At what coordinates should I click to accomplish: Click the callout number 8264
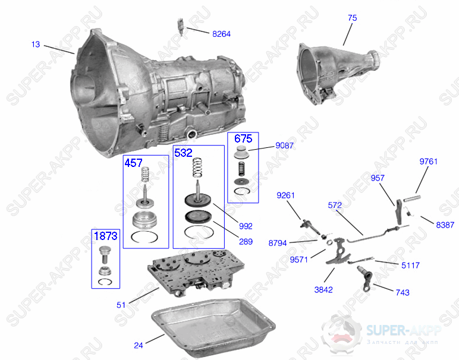click(221, 34)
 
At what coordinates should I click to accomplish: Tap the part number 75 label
click(353, 18)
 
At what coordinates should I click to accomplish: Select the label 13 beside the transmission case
click(36, 45)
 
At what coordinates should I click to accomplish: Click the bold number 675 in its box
click(243, 138)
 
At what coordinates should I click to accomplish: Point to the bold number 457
click(134, 163)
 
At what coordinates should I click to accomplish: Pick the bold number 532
click(183, 153)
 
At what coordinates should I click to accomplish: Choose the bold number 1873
click(106, 236)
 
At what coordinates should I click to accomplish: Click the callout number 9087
click(284, 146)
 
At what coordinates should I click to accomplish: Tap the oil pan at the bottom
click(213, 327)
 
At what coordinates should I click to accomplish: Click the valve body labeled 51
click(196, 273)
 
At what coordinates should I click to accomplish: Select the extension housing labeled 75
click(339, 74)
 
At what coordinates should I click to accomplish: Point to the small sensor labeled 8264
click(181, 27)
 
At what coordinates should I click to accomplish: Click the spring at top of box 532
click(197, 168)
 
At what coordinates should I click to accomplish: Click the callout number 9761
click(428, 162)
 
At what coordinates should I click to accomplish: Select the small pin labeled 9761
click(412, 198)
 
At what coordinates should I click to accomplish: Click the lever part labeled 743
click(365, 279)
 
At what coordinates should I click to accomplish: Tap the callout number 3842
click(323, 290)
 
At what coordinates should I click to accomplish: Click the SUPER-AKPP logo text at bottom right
click(404, 330)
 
